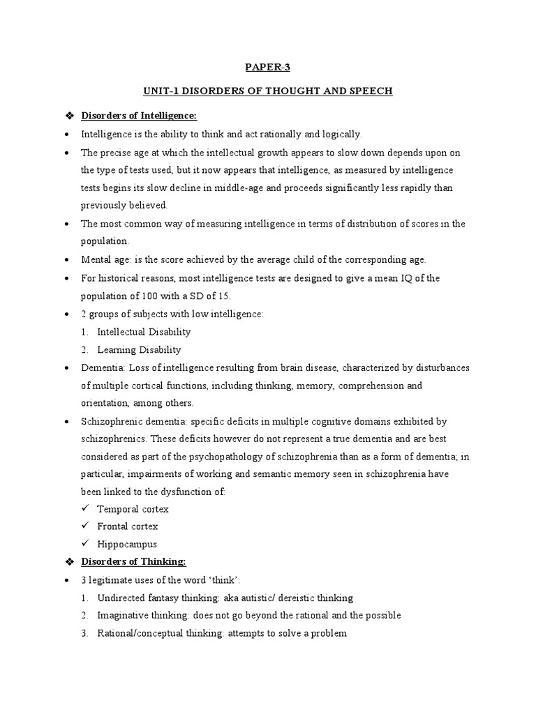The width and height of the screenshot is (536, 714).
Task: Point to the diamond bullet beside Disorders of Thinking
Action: pyautogui.click(x=68, y=562)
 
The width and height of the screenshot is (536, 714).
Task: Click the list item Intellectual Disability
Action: pyautogui.click(x=144, y=332)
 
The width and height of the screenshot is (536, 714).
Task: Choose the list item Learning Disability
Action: pyautogui.click(x=139, y=350)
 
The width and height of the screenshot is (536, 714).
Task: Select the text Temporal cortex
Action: pyautogui.click(x=133, y=509)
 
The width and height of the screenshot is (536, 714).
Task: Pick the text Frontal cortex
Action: pyautogui.click(x=128, y=526)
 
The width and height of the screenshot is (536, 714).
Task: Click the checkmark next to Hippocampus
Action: pyautogui.click(x=85, y=544)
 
